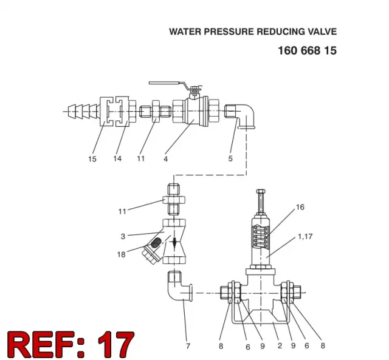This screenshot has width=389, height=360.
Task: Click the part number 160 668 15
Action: [307, 50]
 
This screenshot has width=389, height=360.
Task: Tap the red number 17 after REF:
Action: [116, 344]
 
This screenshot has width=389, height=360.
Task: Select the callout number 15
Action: [92, 159]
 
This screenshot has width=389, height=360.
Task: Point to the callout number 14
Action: [117, 158]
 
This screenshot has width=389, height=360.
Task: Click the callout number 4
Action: [166, 159]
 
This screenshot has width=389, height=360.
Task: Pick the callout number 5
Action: [230, 158]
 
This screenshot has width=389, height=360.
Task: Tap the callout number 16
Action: [300, 207]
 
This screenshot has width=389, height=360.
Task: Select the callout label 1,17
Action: [305, 237]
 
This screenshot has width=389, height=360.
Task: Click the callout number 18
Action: [122, 254]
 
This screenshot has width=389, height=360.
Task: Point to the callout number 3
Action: [123, 236]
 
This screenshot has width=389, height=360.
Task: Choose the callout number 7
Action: [188, 346]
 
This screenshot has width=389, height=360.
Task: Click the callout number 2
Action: [280, 345]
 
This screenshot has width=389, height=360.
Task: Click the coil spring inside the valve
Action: [260, 237]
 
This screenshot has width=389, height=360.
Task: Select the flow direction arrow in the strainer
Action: [174, 243]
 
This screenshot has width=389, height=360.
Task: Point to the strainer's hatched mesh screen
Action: [156, 243]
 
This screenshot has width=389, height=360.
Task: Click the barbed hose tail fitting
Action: [83, 111]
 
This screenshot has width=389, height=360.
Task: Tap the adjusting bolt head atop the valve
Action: [261, 191]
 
